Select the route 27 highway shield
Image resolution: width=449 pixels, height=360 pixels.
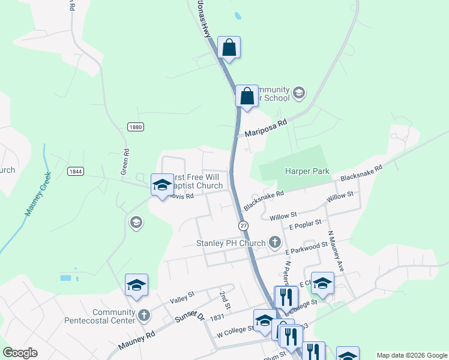(x=243, y=225)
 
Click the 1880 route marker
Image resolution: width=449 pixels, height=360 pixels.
(x=136, y=127)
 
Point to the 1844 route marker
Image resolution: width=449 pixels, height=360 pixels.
(x=75, y=171)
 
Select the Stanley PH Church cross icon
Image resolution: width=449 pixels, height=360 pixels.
(x=275, y=242)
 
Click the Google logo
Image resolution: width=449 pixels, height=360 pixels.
(x=20, y=353)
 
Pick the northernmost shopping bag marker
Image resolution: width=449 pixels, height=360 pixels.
(x=229, y=47)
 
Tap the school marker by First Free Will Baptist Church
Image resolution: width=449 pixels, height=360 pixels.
(x=162, y=185)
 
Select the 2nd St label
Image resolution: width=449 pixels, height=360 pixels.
(x=225, y=296)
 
